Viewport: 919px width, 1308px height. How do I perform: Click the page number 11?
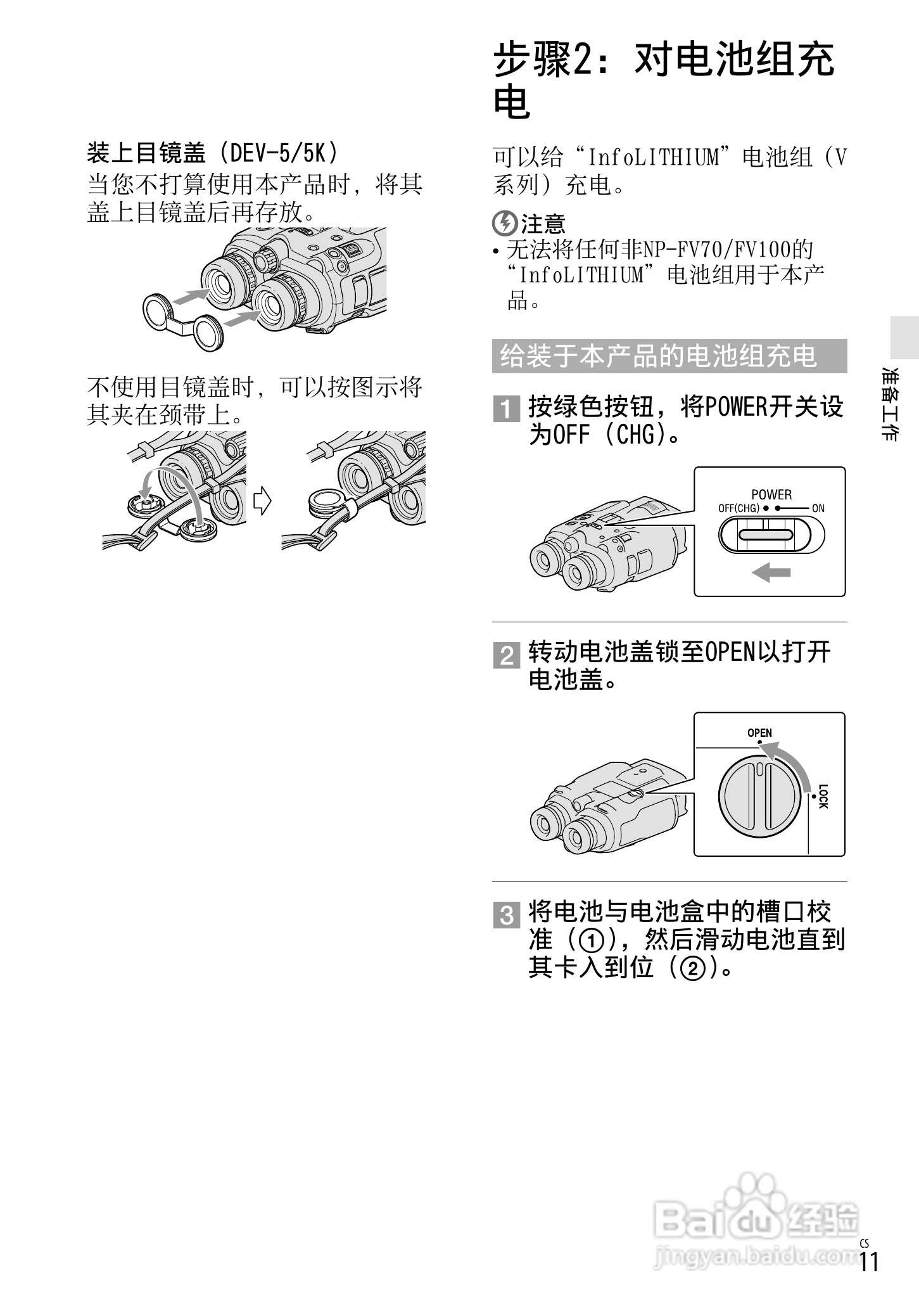[870, 1279]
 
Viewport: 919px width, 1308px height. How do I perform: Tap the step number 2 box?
[506, 655]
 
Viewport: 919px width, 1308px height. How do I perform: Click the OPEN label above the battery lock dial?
[759, 733]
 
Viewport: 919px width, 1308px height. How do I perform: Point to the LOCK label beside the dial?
[823, 796]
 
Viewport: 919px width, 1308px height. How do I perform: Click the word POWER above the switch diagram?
[771, 494]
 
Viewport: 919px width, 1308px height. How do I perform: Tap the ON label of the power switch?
[818, 508]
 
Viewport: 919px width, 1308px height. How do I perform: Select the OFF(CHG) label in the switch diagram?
[738, 508]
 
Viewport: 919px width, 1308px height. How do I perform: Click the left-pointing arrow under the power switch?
[771, 573]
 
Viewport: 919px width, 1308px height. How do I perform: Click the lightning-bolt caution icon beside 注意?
[505, 224]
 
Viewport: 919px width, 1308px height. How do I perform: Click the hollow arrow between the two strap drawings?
[262, 501]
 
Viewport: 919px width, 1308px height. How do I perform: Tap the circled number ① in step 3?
[591, 940]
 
